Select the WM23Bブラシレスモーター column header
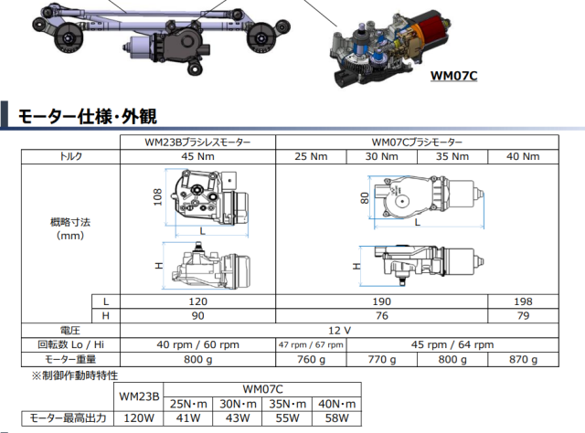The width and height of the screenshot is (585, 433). (197, 143)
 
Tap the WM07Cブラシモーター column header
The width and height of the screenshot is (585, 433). (417, 143)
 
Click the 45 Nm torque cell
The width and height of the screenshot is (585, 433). (197, 157)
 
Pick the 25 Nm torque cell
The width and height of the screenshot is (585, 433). (311, 157)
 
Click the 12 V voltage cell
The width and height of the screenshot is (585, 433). (339, 330)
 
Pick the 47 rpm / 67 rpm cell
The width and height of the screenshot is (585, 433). (311, 345)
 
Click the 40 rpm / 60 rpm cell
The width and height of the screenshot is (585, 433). (197, 345)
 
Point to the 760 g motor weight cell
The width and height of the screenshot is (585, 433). (311, 360)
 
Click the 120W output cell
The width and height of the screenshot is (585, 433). (140, 417)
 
